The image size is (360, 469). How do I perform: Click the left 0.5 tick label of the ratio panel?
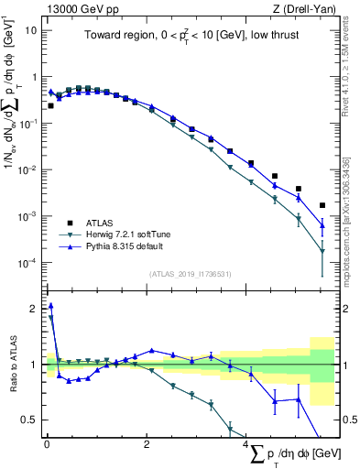point(30,420)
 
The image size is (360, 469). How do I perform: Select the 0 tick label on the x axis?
point(47,444)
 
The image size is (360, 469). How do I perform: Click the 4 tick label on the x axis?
point(246,444)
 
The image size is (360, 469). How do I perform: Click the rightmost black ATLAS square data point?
point(322,205)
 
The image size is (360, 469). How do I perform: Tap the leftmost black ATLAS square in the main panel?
point(50,106)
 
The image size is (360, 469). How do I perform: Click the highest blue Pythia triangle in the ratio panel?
point(50,306)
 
